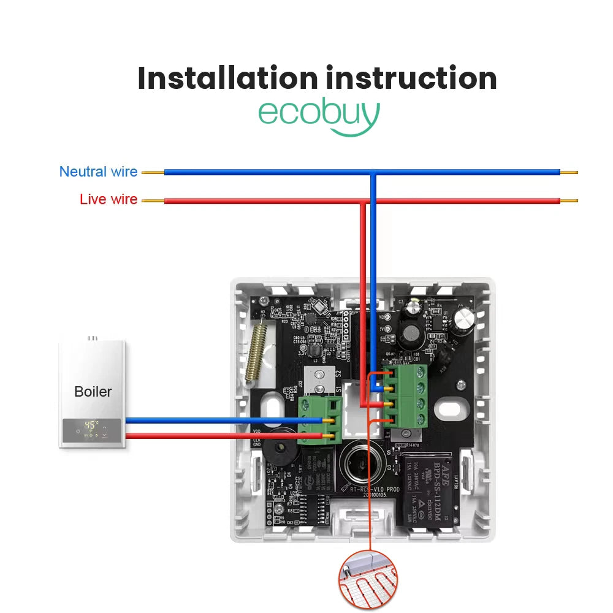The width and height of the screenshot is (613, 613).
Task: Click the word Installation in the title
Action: pyautogui.click(x=227, y=78)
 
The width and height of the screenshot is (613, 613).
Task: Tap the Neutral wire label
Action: pyautogui.click(x=98, y=172)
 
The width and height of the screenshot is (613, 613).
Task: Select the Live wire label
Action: pyautogui.click(x=109, y=199)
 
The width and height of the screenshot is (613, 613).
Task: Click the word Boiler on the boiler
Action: pyautogui.click(x=93, y=391)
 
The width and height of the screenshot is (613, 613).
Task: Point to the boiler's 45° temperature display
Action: pyautogui.click(x=91, y=424)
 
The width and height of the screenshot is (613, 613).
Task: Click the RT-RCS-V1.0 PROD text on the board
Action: pyautogui.click(x=375, y=489)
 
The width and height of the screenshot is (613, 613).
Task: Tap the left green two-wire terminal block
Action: pyautogui.click(x=319, y=420)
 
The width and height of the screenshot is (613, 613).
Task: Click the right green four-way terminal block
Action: pyautogui.click(x=405, y=395)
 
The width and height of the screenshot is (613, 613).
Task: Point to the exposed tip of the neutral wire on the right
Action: pyautogui.click(x=569, y=172)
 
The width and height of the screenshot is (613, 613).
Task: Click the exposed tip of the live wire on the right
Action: pyautogui.click(x=569, y=200)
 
